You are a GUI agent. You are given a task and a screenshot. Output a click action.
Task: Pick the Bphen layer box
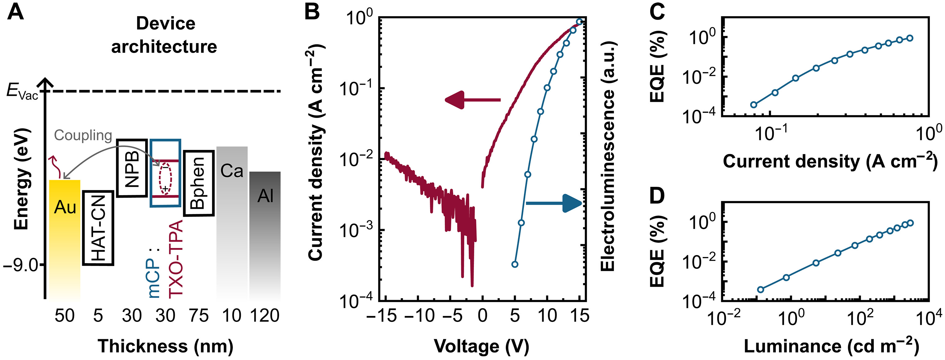[198, 183]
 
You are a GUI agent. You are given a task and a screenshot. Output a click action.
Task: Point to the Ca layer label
[232, 171]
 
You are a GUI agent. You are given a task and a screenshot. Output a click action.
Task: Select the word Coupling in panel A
[83, 135]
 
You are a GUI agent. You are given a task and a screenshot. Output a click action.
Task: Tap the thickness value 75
[198, 316]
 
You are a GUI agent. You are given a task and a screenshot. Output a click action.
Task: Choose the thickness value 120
[265, 316]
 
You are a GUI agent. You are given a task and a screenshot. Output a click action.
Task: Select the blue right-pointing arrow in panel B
[554, 203]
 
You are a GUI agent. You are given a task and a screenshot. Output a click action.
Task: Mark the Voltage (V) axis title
[481, 346]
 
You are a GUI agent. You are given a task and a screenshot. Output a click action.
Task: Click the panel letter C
[657, 12]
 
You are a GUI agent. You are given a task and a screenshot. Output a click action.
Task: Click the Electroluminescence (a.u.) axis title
[608, 156]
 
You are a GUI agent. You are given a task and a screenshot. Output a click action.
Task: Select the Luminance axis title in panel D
[831, 346]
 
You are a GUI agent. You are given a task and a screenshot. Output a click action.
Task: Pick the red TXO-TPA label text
[176, 259]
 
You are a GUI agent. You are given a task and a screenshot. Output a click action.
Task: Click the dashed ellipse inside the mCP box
[165, 179]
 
